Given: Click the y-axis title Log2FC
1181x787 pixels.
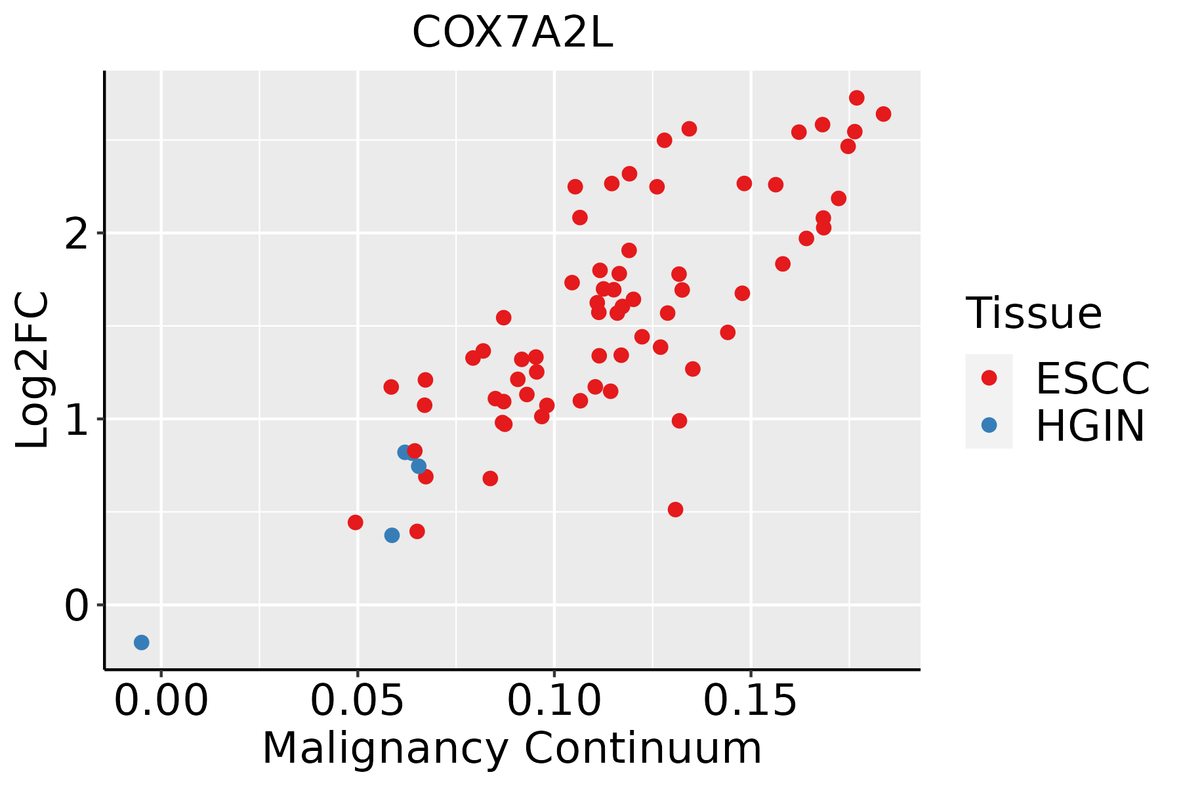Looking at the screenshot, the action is point(33,370).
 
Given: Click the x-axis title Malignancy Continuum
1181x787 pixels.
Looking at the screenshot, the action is point(512,748).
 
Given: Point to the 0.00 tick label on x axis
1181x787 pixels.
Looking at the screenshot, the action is point(161,701).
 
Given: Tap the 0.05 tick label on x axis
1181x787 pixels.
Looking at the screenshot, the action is point(358,701).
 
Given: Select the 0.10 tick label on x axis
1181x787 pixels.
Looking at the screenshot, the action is point(554,701).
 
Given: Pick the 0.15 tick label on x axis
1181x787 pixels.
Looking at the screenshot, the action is point(751,701).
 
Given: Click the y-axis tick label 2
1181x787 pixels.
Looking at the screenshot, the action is point(77,233).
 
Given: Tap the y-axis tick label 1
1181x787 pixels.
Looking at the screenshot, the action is point(77,419).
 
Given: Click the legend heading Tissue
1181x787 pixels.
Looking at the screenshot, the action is point(1034,313).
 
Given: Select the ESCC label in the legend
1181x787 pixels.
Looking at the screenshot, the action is point(1092,378).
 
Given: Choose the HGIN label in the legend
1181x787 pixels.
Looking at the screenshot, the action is point(1090,426).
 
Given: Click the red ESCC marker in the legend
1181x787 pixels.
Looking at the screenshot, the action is point(989,378).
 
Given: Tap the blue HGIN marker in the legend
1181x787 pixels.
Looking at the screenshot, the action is point(989,425).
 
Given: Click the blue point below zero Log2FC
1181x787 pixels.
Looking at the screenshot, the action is point(142,642).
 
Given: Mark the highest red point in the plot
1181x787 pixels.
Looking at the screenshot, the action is point(857,98).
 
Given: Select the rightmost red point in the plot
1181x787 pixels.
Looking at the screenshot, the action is point(884,114).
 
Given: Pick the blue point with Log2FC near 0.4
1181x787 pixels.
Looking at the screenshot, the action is point(392,535).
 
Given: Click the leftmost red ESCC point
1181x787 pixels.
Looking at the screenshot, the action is point(356,522).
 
